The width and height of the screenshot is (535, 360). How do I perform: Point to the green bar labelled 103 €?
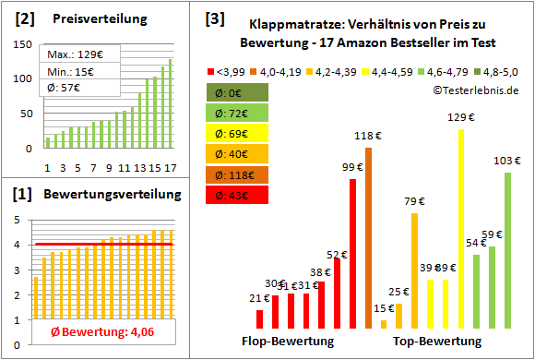(x=507, y=250)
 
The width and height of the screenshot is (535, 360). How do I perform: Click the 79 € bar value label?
(x=415, y=201)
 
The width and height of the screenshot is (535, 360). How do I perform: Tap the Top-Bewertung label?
(x=437, y=341)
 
